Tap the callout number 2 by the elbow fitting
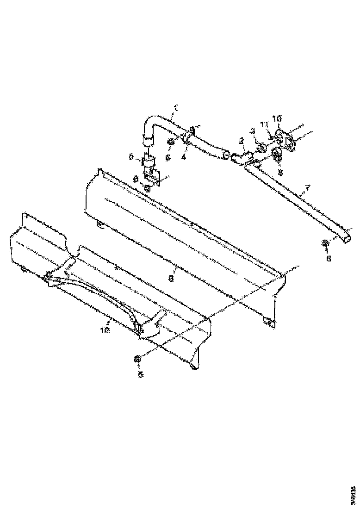[x=241, y=140]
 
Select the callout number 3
[x=253, y=131]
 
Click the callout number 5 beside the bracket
[x=131, y=156]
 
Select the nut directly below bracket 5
[x=148, y=188]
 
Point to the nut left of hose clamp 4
[x=171, y=141]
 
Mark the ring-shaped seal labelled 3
[x=261, y=148]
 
